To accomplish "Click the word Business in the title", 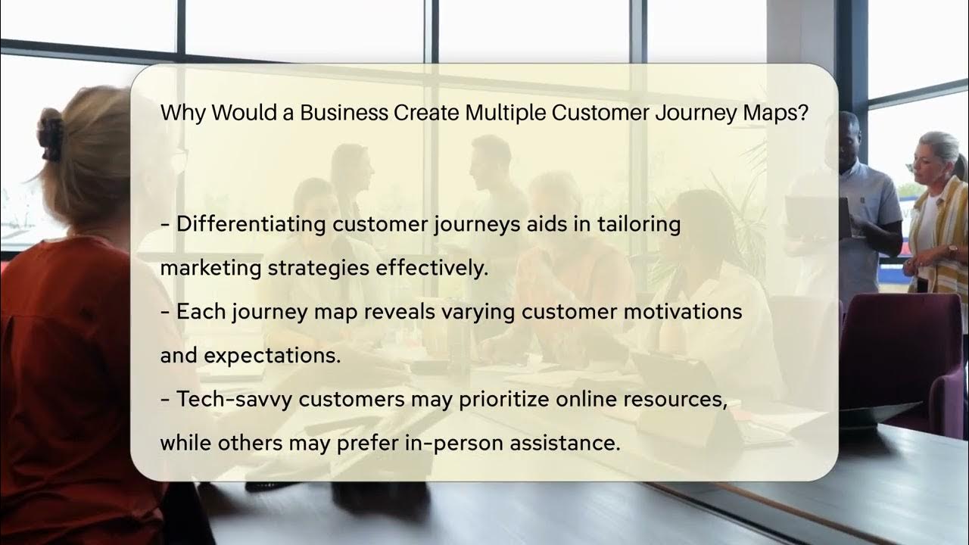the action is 344,113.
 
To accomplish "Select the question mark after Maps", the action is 802,113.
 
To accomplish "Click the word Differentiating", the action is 251,224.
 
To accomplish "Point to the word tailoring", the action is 639,224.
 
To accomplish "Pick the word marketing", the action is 210,268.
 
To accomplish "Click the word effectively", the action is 432,268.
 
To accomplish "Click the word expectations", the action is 272,356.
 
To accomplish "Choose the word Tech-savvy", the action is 235,399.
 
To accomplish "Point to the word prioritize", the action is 504,399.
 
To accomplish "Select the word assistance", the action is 565,443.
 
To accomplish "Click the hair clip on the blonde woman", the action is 51,135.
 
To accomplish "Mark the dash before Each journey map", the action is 165,313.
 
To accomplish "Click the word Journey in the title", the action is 696,114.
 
